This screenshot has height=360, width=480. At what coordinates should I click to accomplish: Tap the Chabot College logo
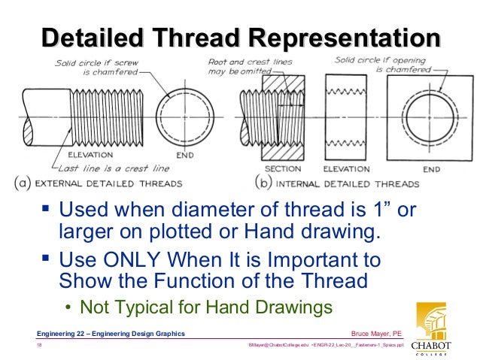[431, 328]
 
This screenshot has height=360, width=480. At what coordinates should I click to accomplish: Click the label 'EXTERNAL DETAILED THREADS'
[108, 183]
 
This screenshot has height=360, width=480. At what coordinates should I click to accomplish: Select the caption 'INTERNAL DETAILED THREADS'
[348, 184]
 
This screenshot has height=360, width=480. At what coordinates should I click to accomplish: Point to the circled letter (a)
[23, 183]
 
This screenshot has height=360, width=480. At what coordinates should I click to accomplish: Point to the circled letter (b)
[263, 183]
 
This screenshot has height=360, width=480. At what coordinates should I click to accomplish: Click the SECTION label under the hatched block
[283, 169]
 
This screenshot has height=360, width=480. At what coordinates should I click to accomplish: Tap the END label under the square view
[432, 169]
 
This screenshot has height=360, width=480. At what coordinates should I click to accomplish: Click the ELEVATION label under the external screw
[90, 155]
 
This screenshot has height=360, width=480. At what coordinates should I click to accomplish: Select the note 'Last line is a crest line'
[114, 168]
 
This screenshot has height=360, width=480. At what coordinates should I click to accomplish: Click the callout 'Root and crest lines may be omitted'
[250, 67]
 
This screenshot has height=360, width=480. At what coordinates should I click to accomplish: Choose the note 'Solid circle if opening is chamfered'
[383, 65]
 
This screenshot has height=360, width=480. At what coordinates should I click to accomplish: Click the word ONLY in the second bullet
[132, 259]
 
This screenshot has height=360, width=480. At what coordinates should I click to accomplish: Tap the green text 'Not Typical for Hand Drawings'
[206, 307]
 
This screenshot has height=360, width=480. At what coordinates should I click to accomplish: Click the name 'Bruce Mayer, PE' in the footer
[376, 334]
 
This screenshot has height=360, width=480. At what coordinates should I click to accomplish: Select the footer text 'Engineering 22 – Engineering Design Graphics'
[111, 334]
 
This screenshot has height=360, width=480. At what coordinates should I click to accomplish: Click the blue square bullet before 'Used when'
[46, 209]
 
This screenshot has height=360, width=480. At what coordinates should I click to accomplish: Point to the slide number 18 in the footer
[39, 345]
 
